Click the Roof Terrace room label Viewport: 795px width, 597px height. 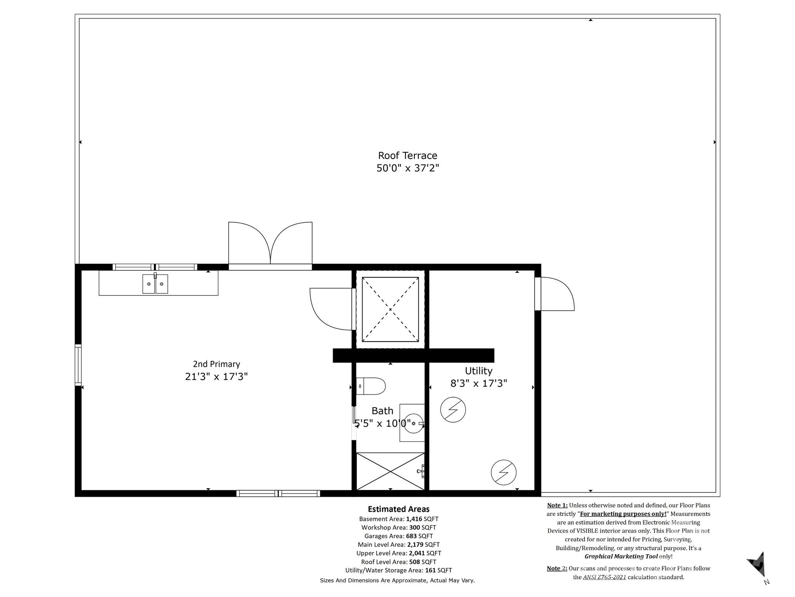click(408, 155)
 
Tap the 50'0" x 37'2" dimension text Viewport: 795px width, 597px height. click(408, 168)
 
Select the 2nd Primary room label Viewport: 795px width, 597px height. click(216, 364)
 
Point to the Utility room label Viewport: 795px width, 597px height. click(478, 371)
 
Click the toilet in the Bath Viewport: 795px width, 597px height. click(371, 386)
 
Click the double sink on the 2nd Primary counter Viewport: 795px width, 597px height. click(155, 284)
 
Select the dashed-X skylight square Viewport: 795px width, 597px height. click(390, 309)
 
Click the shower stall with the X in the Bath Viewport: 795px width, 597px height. click(390, 471)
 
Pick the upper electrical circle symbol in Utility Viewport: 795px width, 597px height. click(453, 410)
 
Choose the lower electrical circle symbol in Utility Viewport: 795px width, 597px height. click(503, 472)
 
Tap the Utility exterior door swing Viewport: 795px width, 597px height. click(555, 294)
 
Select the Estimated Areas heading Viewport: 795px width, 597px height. click(399, 509)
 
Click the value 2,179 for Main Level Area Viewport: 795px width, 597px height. click(415, 545)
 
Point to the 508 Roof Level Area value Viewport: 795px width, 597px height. click(414, 562)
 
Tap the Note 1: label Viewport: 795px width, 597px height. click(557, 505)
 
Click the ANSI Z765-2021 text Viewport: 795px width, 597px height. click(604, 577)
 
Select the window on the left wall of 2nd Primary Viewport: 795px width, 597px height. click(78, 365)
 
